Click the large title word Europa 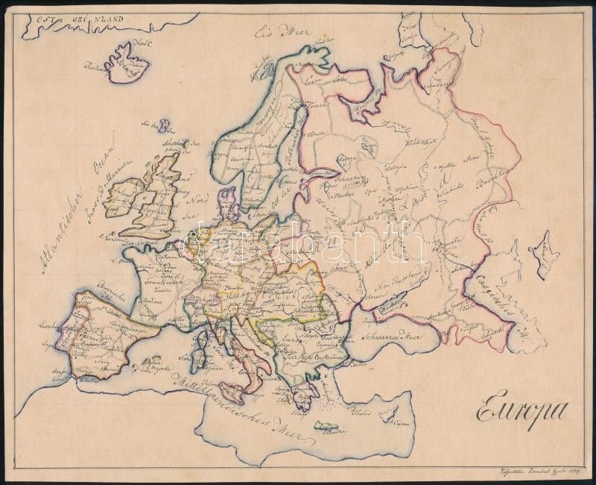[x=520, y=410]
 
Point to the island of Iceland [x=127, y=61]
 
